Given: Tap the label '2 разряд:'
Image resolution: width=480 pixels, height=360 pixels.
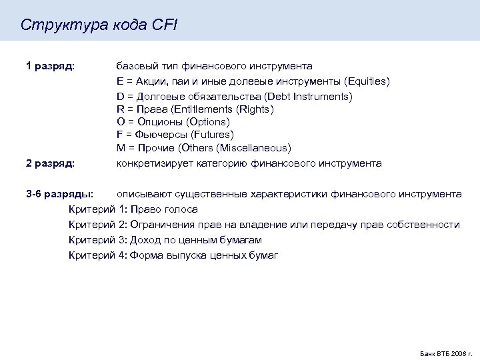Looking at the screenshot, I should pos(50,163).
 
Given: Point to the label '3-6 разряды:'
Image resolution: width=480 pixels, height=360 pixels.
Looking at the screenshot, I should pos(59,194).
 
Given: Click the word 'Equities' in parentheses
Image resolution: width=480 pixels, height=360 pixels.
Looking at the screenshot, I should pos(367,81).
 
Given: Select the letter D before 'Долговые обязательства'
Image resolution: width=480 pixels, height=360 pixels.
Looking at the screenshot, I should pos(120,97).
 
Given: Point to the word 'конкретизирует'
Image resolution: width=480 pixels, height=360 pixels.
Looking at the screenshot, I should pos(151,163).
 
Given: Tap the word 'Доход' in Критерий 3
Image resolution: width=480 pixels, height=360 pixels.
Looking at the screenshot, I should pos(145,240).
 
